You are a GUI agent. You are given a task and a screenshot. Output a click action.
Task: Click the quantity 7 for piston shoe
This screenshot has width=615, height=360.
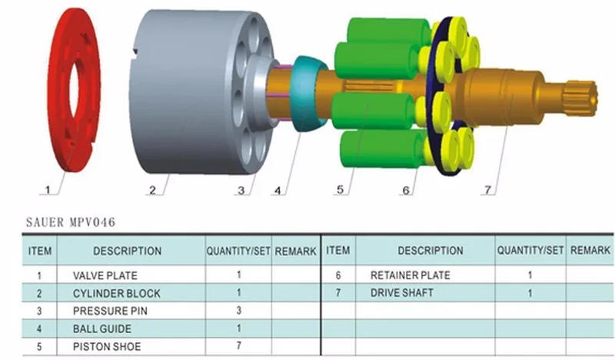239,346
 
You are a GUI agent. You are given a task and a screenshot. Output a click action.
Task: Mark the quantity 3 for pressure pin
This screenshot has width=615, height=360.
239,311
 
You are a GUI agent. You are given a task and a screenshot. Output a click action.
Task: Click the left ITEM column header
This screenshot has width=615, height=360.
40,251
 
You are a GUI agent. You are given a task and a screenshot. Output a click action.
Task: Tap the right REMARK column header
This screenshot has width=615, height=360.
590,251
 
